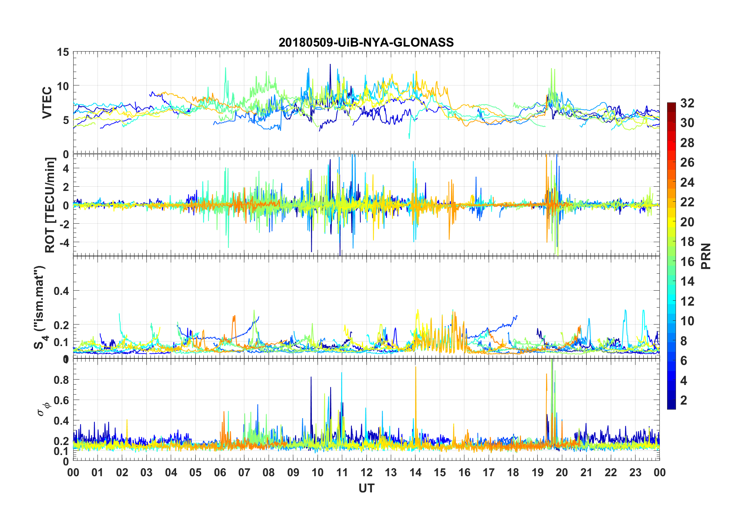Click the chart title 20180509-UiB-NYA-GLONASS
[366, 42]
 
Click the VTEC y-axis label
[47, 103]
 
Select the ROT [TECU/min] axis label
[50, 205]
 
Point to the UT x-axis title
[366, 488]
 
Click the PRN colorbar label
[706, 256]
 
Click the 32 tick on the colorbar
[687, 103]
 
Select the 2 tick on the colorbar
[684, 400]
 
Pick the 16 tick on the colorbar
[687, 262]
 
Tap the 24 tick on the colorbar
[687, 182]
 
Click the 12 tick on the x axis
[366, 472]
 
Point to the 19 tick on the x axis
[538, 472]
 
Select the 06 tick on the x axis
[220, 472]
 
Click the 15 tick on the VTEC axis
[63, 52]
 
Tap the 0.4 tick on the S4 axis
[61, 291]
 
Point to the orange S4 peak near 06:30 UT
[234, 317]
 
